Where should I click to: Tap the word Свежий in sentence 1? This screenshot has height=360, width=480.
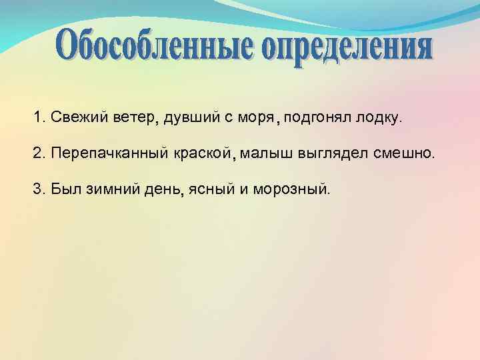click(73, 119)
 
